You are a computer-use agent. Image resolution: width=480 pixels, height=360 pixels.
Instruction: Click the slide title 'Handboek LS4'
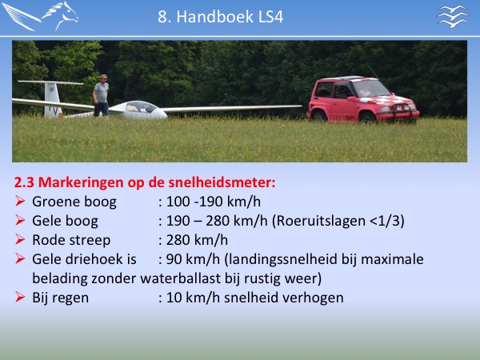[230, 17]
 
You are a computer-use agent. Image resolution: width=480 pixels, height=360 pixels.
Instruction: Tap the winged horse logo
[40, 16]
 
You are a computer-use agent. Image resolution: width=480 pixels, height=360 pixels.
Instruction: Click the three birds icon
[453, 16]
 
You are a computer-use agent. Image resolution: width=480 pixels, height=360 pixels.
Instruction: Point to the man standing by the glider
[102, 95]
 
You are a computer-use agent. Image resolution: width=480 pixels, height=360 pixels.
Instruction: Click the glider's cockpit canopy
[141, 107]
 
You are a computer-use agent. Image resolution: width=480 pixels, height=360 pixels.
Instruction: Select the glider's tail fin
[51, 98]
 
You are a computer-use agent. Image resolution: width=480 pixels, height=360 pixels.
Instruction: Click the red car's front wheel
[366, 118]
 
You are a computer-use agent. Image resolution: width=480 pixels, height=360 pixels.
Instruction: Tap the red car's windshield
[371, 89]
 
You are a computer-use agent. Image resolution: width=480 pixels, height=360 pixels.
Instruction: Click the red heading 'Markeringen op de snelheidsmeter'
[156, 182]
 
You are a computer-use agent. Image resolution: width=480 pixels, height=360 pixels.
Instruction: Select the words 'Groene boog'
[74, 202]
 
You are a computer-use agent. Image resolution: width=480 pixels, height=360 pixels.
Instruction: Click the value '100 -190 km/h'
[213, 202]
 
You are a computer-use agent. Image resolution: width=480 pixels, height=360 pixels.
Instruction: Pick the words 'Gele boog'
[65, 221]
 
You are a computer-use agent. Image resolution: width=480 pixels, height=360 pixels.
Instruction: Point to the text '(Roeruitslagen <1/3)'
[338, 221]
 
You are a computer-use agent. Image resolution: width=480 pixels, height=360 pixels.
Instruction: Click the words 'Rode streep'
[71, 240]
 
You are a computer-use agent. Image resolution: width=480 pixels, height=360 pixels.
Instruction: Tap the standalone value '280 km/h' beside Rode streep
[197, 240]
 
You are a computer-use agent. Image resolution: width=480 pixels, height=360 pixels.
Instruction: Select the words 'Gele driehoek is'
[84, 259]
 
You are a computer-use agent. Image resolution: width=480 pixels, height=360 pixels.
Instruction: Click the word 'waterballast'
[180, 278]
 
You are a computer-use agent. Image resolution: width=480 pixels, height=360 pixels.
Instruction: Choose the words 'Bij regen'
[60, 298]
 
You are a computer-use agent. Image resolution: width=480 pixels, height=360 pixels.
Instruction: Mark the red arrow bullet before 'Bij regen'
[20, 298]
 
